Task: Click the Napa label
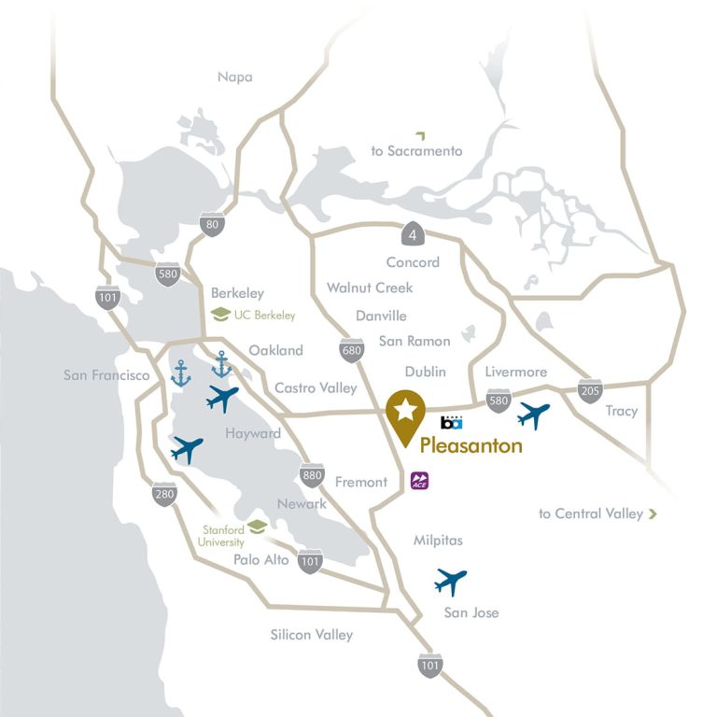click(x=235, y=77)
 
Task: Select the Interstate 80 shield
click(x=212, y=224)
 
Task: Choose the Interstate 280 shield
click(x=164, y=495)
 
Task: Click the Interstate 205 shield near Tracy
click(x=590, y=391)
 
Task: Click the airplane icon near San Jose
click(x=450, y=582)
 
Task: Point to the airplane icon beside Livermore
click(x=533, y=415)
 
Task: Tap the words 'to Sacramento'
click(x=416, y=150)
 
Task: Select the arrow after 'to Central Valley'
click(x=653, y=513)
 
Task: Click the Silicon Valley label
click(x=312, y=635)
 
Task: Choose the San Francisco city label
click(x=106, y=375)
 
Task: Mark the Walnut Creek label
click(x=370, y=288)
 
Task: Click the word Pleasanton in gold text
click(x=471, y=445)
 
